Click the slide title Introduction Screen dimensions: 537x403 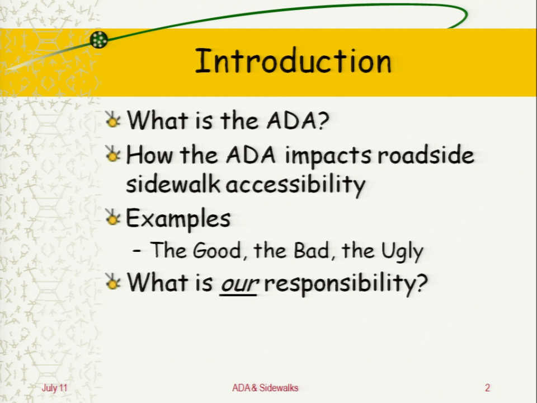click(x=293, y=61)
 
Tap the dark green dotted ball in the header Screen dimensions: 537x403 click(x=98, y=40)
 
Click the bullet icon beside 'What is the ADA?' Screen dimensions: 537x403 click(x=113, y=119)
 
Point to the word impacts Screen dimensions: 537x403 click(x=328, y=156)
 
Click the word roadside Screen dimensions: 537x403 click(x=426, y=155)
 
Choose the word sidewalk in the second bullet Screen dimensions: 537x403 click(x=173, y=184)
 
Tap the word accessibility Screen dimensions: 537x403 click(x=295, y=185)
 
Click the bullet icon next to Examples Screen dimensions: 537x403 click(x=112, y=217)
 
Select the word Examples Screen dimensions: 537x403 click(x=178, y=219)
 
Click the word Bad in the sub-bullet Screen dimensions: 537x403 click(x=312, y=250)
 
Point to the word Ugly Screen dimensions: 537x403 click(x=402, y=251)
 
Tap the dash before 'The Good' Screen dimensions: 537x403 click(x=136, y=251)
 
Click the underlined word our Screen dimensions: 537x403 click(x=239, y=284)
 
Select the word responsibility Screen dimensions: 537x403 click(x=346, y=284)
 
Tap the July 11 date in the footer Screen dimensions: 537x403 click(x=54, y=388)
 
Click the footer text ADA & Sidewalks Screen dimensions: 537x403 click(x=265, y=387)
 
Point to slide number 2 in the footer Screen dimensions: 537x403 click(x=487, y=387)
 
